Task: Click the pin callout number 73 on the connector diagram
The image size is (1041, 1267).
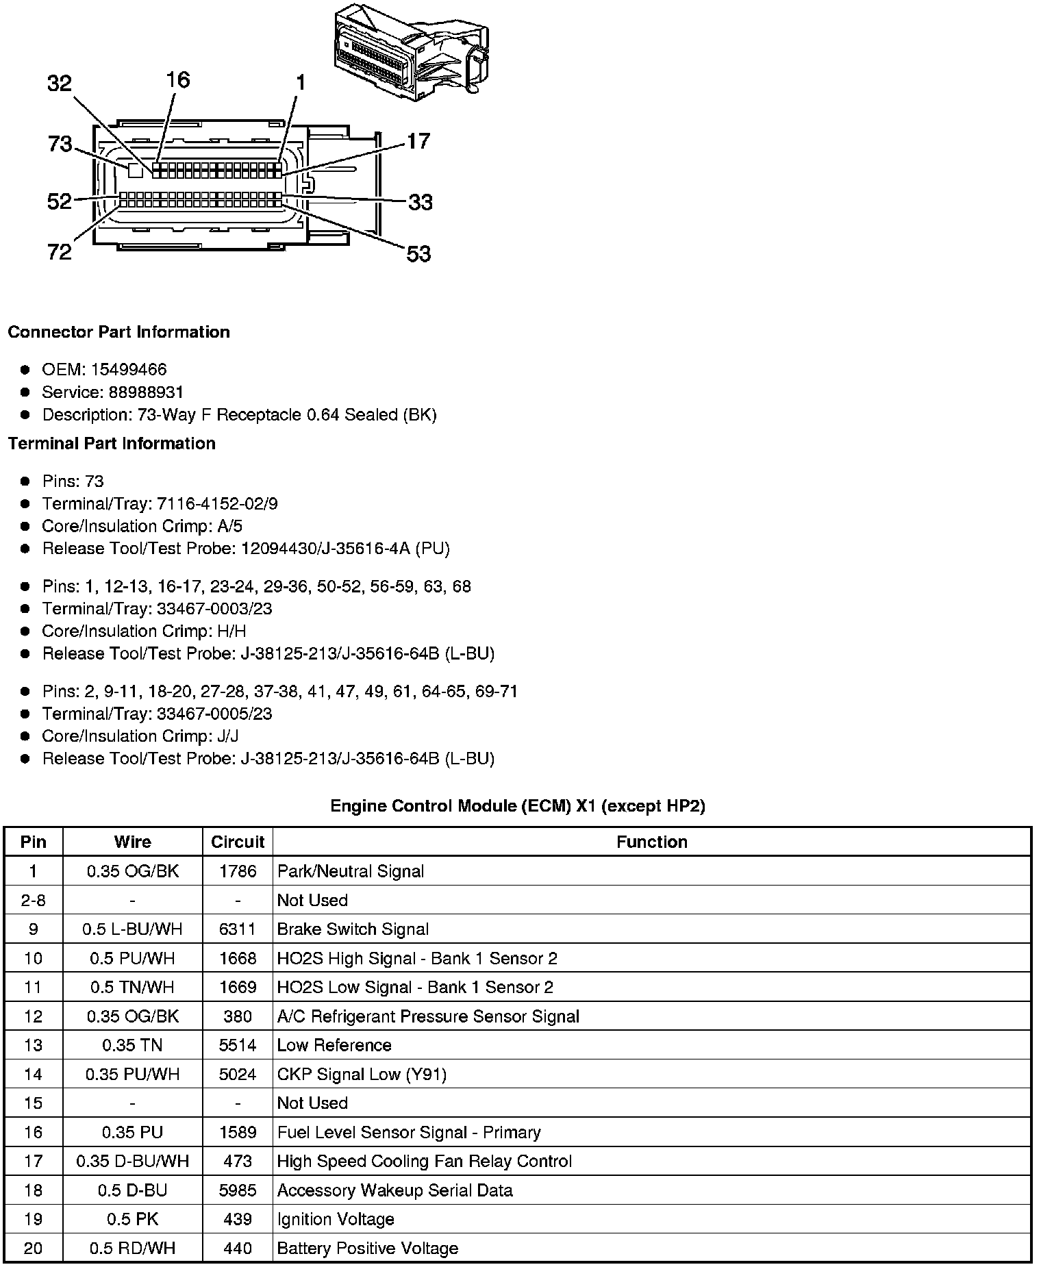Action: point(60,145)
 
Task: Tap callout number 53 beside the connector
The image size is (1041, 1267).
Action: point(418,254)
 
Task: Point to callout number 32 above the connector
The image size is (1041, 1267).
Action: point(60,84)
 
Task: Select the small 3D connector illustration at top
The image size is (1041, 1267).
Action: point(411,51)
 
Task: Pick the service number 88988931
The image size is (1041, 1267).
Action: point(146,392)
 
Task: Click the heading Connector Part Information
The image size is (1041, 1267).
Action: point(118,332)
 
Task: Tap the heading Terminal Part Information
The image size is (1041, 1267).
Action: point(112,444)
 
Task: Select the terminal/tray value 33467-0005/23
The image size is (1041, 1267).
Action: point(214,714)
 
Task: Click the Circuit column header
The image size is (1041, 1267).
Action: point(238,842)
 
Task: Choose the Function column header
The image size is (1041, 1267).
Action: point(651,842)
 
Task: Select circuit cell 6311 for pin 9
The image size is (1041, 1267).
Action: point(238,929)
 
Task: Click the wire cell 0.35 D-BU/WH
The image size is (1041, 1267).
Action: point(132,1162)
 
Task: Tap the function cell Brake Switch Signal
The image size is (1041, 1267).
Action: point(353,929)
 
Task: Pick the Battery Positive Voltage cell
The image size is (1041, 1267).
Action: point(368,1249)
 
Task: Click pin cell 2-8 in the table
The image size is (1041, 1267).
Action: point(33,901)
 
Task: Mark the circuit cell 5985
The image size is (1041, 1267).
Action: point(238,1190)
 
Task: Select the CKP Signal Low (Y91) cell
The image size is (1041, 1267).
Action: point(362,1075)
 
